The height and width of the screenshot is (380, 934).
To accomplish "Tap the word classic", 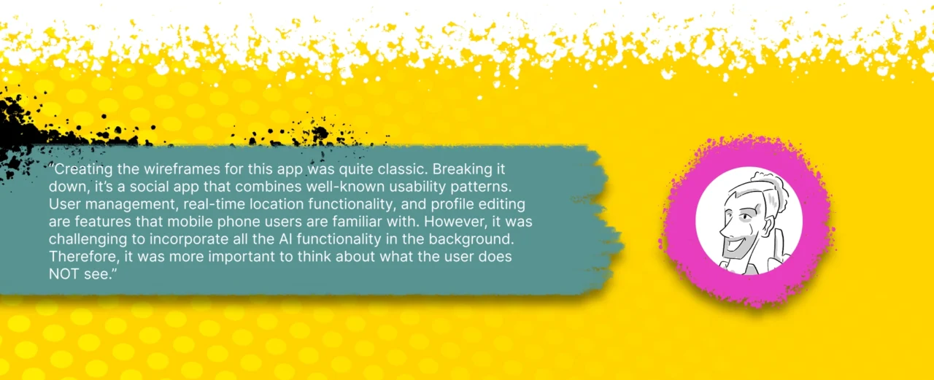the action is coord(402,168).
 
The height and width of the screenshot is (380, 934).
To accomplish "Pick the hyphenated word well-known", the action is coord(345,186).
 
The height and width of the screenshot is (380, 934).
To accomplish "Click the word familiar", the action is coord(358,221).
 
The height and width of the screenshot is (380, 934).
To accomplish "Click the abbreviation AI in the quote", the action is coord(285,239).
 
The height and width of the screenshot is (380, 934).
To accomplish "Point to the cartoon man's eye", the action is coord(744,217).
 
